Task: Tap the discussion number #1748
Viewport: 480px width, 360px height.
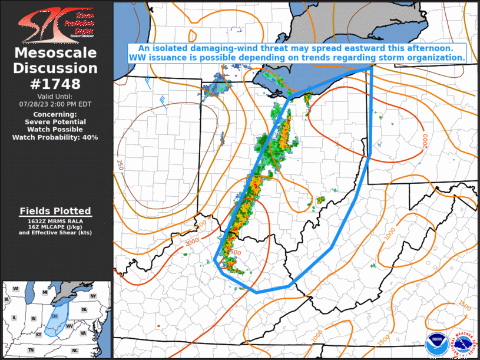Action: coord(55,84)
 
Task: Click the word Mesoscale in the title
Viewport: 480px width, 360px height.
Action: coord(55,54)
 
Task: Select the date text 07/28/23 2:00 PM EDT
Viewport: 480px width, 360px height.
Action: coord(55,104)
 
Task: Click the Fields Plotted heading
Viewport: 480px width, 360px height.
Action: coord(55,211)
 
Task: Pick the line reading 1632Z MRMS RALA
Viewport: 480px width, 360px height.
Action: coord(55,220)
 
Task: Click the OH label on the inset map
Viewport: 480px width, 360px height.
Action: coord(55,316)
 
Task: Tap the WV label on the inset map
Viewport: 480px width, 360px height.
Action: coord(69,325)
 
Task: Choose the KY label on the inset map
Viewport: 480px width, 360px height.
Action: coord(39,334)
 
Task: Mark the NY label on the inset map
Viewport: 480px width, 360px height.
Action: coord(93,296)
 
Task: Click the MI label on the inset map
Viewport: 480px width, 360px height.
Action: coord(45,292)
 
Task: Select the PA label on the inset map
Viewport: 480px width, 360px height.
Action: coord(84,309)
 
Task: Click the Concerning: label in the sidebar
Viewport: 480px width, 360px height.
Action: coord(55,114)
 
